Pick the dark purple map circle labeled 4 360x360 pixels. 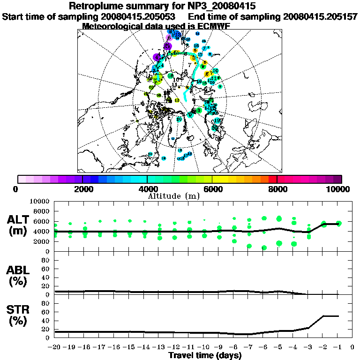pyautogui.click(x=157, y=57)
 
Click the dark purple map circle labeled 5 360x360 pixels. pyautogui.click(x=168, y=46)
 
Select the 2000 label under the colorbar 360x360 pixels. pyautogui.click(x=82, y=189)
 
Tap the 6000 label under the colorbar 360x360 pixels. pyautogui.click(x=212, y=189)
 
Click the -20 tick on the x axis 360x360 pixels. pyautogui.click(x=54, y=347)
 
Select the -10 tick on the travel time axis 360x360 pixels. pyautogui.click(x=203, y=347)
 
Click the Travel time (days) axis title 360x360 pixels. pyautogui.click(x=205, y=355)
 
